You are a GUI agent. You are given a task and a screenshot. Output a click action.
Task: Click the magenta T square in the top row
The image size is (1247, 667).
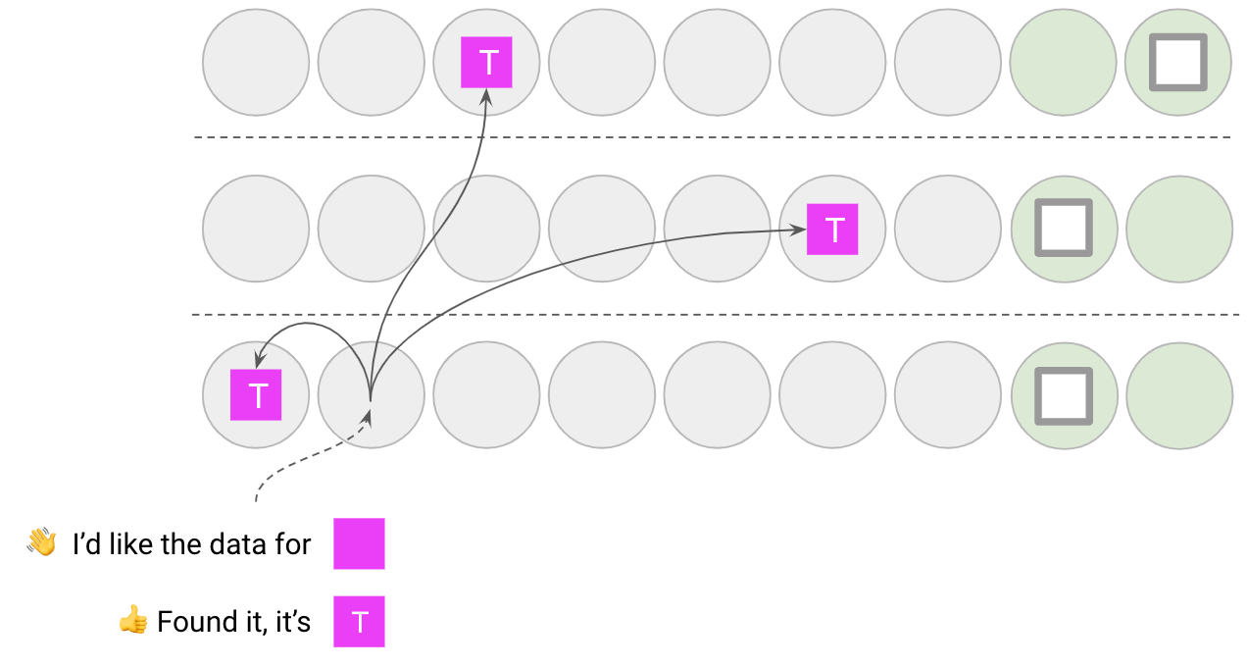click(486, 63)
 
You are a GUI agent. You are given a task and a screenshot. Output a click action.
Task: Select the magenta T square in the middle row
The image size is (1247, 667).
click(832, 230)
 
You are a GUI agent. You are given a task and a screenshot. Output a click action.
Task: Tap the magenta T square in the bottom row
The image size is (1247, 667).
click(256, 395)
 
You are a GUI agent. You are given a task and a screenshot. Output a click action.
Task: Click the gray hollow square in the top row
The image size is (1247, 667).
click(1177, 63)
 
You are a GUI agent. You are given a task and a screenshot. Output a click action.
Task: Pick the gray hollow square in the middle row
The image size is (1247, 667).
click(1064, 229)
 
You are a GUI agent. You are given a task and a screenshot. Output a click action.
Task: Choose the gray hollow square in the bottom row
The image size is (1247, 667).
click(1064, 395)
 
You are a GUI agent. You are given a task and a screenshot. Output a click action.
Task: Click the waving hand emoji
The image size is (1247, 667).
click(41, 542)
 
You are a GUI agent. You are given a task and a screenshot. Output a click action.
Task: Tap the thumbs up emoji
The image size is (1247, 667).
click(132, 621)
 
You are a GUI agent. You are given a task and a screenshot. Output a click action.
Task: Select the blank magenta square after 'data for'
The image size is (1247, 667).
click(359, 543)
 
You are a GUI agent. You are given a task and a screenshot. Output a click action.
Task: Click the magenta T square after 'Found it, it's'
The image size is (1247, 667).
click(359, 622)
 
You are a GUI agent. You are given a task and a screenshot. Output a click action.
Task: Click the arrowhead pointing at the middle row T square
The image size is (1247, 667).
click(798, 230)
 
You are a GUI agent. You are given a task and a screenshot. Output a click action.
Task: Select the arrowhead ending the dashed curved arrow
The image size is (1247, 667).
click(369, 418)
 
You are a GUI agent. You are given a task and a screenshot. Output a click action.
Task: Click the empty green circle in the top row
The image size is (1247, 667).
click(1063, 63)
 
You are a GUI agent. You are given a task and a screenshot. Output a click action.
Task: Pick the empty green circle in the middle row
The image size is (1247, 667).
click(1178, 230)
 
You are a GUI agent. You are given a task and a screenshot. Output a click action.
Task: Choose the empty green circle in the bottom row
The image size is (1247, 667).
click(1178, 395)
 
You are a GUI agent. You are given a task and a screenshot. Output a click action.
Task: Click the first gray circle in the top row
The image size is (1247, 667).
click(256, 63)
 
